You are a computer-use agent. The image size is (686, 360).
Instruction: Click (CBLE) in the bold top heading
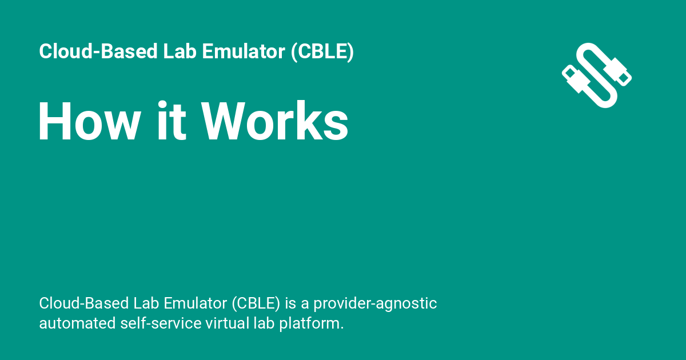tap(322, 51)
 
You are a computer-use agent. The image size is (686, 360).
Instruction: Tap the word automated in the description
tap(77, 323)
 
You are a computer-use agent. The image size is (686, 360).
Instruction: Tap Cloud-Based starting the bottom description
tap(84, 303)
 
